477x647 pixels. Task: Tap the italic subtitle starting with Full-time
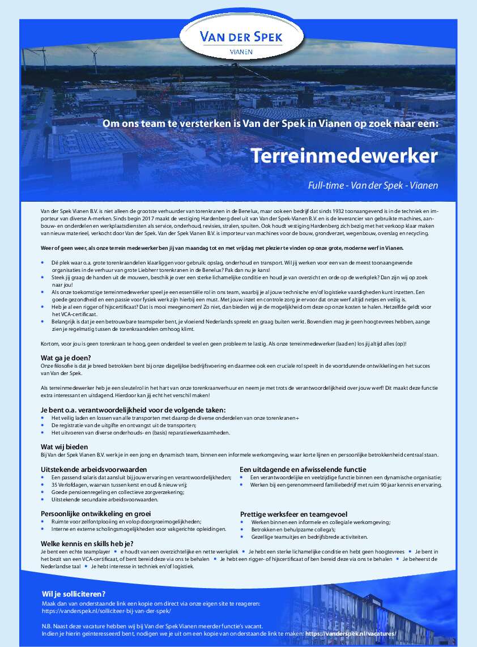point(373,185)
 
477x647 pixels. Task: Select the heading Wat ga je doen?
point(66,358)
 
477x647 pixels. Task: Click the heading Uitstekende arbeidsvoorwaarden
point(94,470)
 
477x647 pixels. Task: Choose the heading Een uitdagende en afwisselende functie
point(303,470)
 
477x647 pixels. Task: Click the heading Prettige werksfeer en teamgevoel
point(293,514)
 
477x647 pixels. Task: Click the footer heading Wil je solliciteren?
point(74,594)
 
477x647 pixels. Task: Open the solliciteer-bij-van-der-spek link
point(106,611)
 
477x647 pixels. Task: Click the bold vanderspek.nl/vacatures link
point(350,633)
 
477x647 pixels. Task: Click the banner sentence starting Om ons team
point(270,123)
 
